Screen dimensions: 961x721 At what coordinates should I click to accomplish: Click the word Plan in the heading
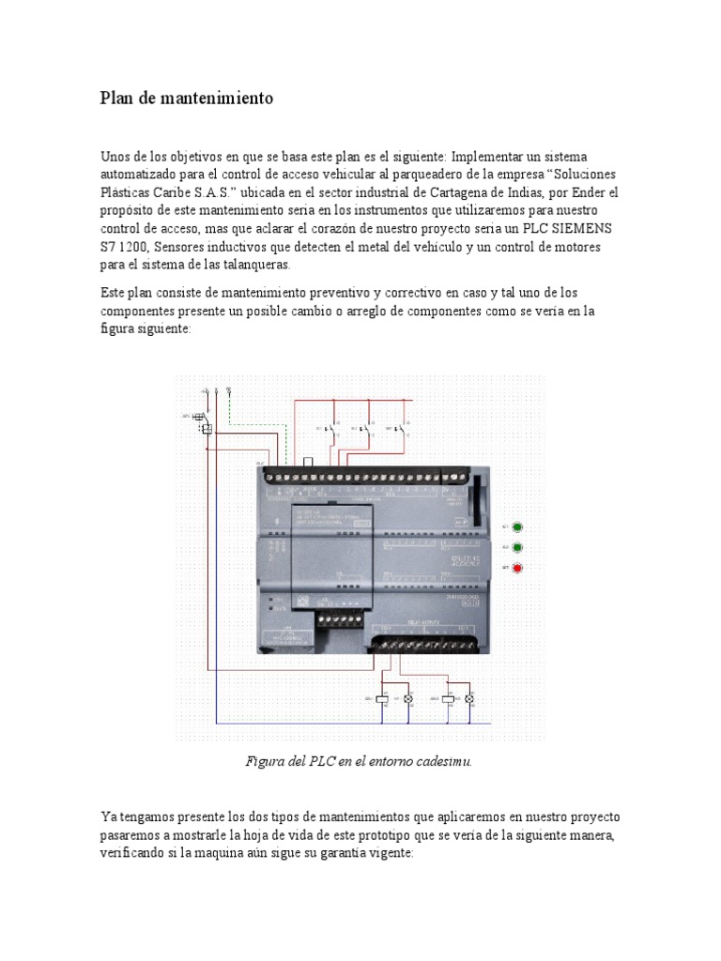(117, 98)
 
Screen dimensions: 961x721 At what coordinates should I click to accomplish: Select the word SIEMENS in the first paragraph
(588, 228)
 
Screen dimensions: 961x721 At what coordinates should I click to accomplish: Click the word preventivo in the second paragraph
(355, 293)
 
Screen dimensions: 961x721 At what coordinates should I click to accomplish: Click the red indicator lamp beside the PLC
(516, 567)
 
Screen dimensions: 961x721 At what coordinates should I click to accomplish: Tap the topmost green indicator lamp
(516, 527)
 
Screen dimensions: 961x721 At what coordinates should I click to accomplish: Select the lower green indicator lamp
(516, 546)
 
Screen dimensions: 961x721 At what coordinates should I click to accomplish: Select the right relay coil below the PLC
(448, 699)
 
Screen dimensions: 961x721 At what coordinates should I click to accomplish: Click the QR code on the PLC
(302, 599)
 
